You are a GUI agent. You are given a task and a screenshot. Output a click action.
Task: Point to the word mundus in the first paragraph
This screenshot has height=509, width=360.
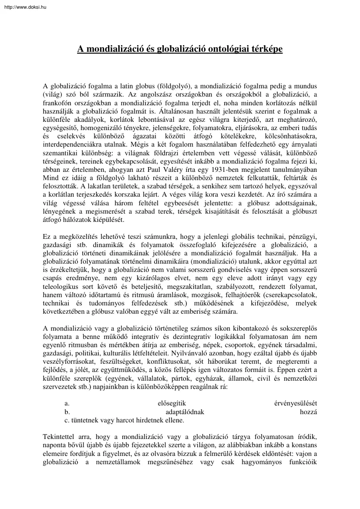[x=306, y=86]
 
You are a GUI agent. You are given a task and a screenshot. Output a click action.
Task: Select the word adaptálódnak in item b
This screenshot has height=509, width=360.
[x=185, y=412]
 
